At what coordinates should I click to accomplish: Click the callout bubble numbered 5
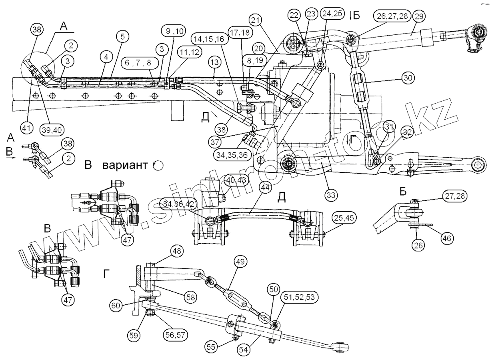[122, 36]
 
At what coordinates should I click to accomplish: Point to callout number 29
[419, 17]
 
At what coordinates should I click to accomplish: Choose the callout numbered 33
[331, 195]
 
